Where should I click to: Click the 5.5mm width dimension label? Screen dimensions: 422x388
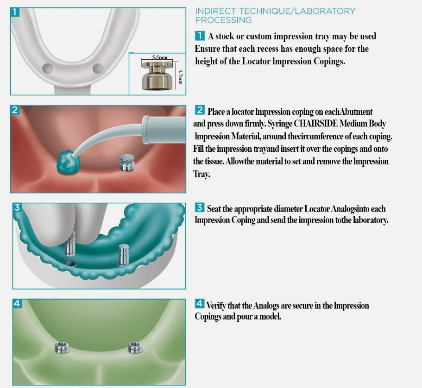tap(160, 57)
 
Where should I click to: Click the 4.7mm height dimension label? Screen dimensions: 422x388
tap(181, 77)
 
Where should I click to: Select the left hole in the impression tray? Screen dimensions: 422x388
tap(48, 68)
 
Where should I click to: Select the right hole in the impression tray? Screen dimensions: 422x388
tap(98, 68)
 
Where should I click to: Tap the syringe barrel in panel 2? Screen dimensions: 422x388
tap(164, 130)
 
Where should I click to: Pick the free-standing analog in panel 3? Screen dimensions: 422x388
tap(124, 255)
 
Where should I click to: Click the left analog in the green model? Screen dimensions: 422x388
tap(62, 347)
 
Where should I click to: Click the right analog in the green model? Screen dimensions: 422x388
tap(135, 347)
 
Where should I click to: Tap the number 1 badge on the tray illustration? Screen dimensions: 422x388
tap(15, 12)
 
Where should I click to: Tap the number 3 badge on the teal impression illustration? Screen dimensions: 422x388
tap(17, 207)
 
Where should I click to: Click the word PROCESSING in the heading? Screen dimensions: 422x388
tap(223, 20)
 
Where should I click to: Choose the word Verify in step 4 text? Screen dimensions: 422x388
tap(216, 306)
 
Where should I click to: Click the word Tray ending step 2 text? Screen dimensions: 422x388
tap(202, 174)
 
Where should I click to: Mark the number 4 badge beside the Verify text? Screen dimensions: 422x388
tap(200, 304)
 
